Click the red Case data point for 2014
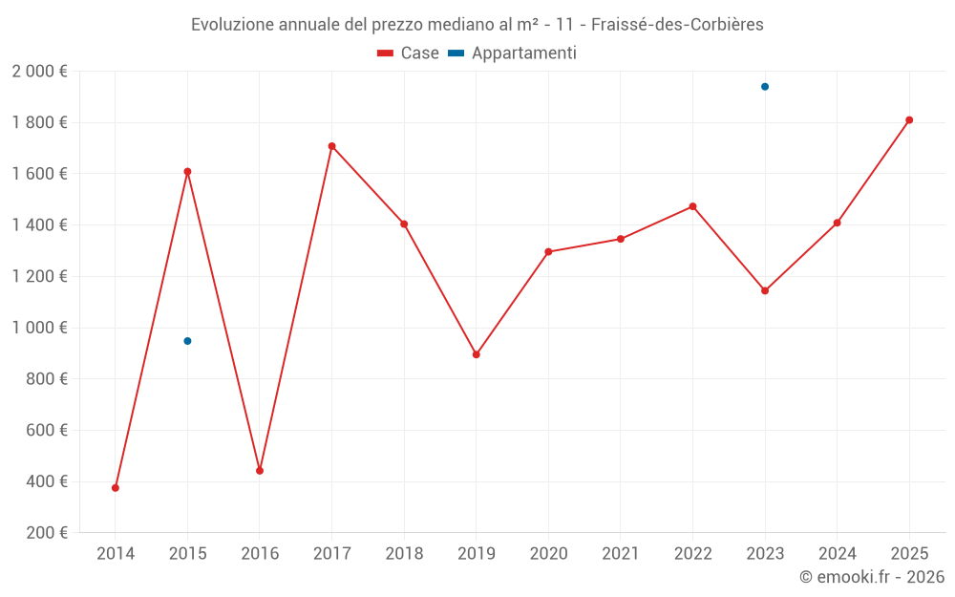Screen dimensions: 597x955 coord(116,488)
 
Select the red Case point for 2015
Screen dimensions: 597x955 coord(187,172)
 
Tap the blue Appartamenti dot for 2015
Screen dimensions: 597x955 coord(187,341)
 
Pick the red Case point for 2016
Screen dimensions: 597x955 coord(260,471)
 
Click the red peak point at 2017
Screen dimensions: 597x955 coord(332,146)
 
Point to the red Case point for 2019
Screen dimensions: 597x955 coord(477,354)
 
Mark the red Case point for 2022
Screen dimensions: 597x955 coord(692,206)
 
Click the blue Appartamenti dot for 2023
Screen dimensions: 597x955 coord(765,87)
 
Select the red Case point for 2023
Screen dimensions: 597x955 coord(765,290)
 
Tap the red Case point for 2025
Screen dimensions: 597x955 coord(909,120)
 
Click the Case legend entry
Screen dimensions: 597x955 coord(409,53)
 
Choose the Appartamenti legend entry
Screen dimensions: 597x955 coord(513,53)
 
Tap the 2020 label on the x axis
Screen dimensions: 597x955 coord(548,554)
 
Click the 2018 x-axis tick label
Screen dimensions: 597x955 coord(404,554)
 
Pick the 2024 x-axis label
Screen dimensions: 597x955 coord(837,554)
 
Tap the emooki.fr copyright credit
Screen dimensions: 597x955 coord(872,577)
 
